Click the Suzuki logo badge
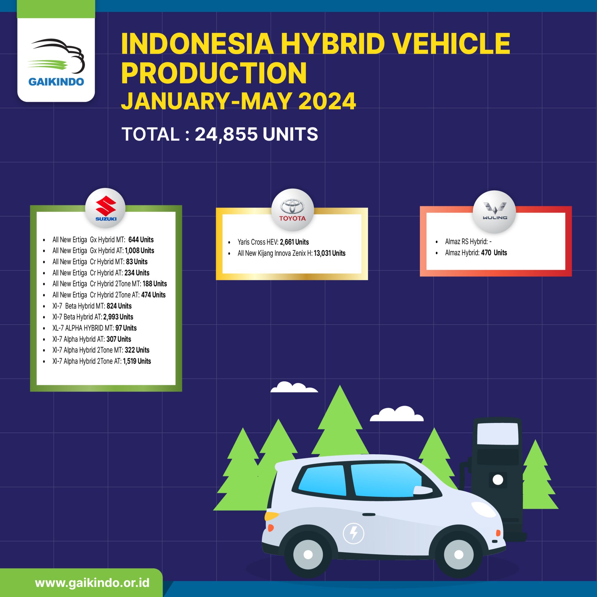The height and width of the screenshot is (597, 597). click(x=105, y=208)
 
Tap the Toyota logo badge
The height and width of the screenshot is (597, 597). click(x=292, y=209)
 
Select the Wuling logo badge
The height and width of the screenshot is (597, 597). click(x=494, y=211)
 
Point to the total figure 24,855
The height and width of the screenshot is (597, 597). click(x=226, y=134)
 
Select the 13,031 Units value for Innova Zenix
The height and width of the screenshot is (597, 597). click(x=329, y=253)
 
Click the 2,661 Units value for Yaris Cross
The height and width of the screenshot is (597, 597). click(x=294, y=242)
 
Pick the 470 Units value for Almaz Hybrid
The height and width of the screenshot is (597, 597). click(x=494, y=253)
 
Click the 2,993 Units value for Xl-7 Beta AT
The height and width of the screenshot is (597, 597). click(x=118, y=317)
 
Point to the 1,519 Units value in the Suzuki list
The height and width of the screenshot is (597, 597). click(x=137, y=361)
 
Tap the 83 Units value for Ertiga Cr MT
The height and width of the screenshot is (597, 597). click(x=137, y=262)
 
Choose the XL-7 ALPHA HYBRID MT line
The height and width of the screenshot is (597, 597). click(x=94, y=328)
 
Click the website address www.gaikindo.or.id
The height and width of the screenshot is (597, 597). click(x=92, y=583)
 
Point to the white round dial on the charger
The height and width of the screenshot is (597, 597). click(x=498, y=480)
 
